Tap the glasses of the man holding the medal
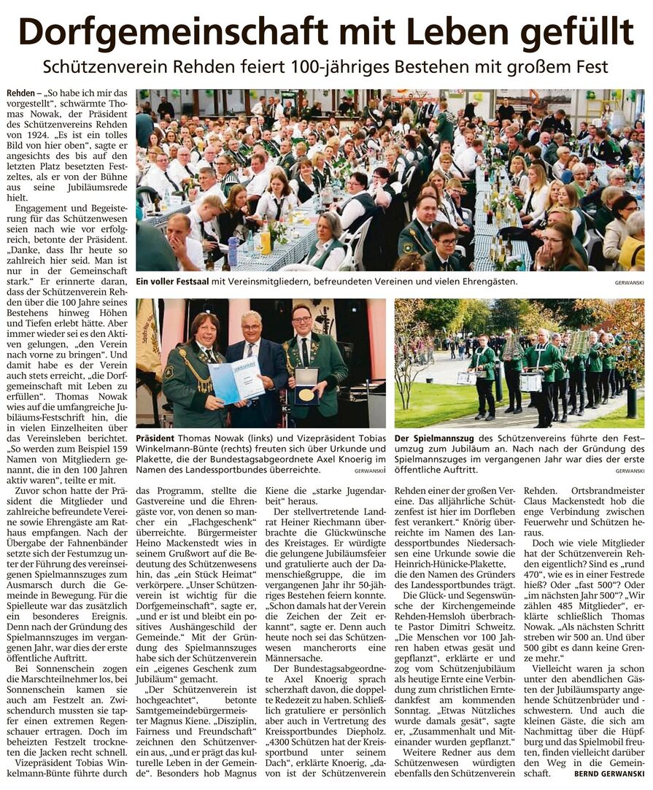click(301, 320)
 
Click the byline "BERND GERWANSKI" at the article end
click(609, 773)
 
